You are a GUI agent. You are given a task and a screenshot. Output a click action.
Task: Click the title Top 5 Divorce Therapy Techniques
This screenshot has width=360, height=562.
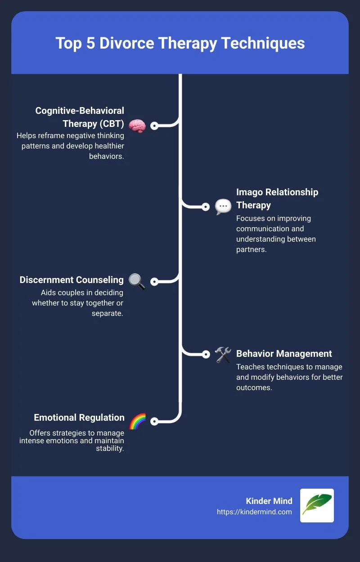[x=180, y=43]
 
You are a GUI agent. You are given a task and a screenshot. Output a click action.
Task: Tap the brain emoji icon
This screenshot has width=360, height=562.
[x=137, y=126]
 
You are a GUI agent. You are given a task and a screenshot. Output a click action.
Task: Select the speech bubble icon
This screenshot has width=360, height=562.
[x=223, y=207]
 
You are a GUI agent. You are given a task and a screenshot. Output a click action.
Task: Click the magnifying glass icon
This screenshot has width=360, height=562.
[x=137, y=281]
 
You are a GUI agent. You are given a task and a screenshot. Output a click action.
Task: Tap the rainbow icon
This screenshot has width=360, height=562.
[x=137, y=422]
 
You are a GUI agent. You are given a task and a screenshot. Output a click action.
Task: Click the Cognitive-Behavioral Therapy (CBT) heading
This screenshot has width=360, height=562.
[x=80, y=117]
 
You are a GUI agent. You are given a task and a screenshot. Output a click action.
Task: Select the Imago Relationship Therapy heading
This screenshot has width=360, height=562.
[x=277, y=198]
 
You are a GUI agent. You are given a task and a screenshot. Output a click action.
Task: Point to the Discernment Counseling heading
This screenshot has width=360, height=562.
[x=72, y=280]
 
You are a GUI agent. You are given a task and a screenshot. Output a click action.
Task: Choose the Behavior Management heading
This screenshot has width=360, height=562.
[x=284, y=354]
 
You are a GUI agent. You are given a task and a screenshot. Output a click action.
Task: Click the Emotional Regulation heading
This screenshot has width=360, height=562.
[x=79, y=418]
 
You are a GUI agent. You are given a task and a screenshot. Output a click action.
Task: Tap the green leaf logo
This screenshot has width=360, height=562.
[x=317, y=505]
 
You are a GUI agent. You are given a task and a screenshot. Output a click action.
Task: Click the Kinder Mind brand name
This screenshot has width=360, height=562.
[x=270, y=501]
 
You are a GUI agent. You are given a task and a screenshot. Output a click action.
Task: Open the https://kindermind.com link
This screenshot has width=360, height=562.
[x=254, y=512]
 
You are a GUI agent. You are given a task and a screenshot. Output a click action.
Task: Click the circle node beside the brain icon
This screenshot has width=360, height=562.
[x=154, y=126]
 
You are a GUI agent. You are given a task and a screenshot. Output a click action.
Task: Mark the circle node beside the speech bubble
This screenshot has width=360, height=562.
[x=206, y=207]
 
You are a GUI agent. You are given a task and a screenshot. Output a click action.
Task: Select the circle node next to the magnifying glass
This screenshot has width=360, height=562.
[x=154, y=282]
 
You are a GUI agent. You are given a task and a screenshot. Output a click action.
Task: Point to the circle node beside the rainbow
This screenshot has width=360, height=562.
[x=154, y=422]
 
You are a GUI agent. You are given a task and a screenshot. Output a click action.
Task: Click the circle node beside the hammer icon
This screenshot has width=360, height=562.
[x=206, y=354]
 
